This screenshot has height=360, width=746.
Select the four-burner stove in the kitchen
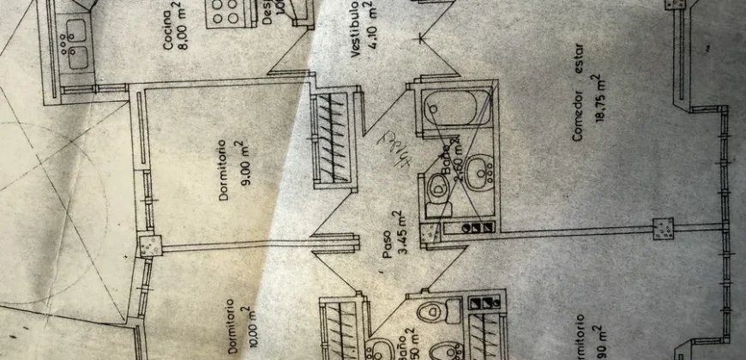coord(226,16)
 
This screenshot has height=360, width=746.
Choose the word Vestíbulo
coord(353,34)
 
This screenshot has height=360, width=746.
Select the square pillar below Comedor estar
coord(663,228)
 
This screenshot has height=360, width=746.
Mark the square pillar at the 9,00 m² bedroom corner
coord(149,246)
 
